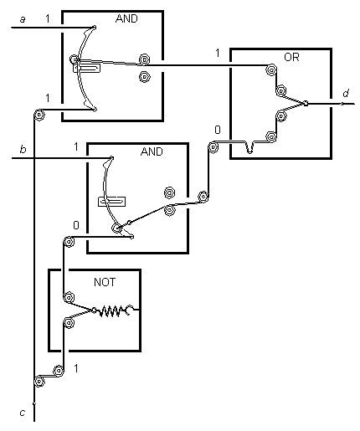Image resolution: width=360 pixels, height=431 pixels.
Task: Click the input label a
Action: tap(23, 19)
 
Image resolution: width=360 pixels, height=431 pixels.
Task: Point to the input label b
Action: tap(23, 149)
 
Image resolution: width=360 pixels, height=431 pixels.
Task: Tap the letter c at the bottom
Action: tap(23, 413)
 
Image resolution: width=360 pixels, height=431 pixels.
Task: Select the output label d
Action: tap(346, 93)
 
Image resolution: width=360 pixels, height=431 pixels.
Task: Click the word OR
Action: tap(291, 57)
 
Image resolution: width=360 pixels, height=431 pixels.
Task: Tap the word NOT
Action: tap(105, 282)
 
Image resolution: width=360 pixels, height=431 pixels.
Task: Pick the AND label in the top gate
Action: tap(126, 18)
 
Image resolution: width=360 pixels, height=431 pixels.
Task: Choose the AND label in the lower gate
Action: tap(152, 151)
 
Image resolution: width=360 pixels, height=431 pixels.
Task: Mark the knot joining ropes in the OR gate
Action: tap(306, 104)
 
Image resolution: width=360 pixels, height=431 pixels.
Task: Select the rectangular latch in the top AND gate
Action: tap(86, 68)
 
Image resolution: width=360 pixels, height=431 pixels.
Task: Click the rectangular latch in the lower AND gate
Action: tap(111, 202)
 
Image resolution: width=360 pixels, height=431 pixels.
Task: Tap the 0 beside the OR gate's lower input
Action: tap(218, 130)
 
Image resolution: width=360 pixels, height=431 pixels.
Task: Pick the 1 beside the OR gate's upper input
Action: tap(218, 53)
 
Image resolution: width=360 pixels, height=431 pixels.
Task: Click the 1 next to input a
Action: tap(48, 18)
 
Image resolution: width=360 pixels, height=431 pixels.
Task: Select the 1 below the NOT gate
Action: tap(76, 368)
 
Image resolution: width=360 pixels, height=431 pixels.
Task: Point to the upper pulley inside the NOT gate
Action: tap(69, 297)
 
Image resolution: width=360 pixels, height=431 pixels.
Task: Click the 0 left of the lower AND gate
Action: tap(76, 225)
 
